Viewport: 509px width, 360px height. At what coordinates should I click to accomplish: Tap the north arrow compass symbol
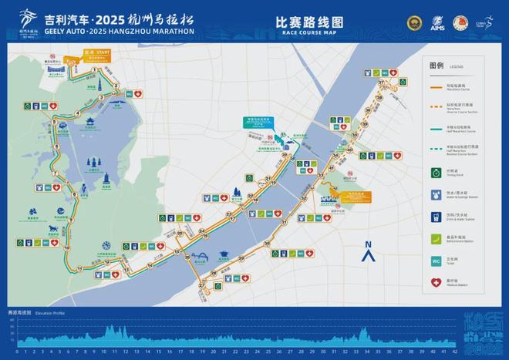pyautogui.click(x=369, y=251)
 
